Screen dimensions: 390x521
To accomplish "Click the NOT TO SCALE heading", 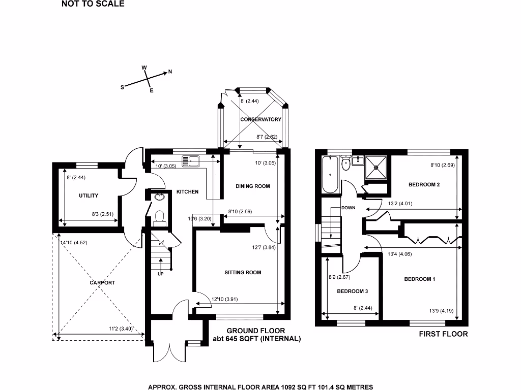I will (x=93, y=5).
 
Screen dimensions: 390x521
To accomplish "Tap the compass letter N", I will (x=170, y=72).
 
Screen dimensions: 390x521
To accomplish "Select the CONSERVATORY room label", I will (x=260, y=119).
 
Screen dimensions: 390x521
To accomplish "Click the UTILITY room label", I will (x=89, y=196).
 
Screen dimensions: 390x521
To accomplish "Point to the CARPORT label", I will (x=102, y=283).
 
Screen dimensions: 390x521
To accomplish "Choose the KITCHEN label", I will (x=187, y=191).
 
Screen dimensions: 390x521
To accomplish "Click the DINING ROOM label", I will (x=252, y=186).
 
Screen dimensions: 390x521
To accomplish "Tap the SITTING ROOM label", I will (x=243, y=273).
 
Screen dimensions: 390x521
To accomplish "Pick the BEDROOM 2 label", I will (x=424, y=185).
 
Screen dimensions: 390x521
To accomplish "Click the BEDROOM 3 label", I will (x=352, y=291).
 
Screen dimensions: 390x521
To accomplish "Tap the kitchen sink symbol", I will (x=193, y=161).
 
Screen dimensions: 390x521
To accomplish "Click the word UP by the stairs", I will (x=161, y=274).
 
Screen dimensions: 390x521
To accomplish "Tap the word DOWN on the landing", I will (x=349, y=208).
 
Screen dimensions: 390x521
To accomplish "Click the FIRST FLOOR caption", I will (x=443, y=334).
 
